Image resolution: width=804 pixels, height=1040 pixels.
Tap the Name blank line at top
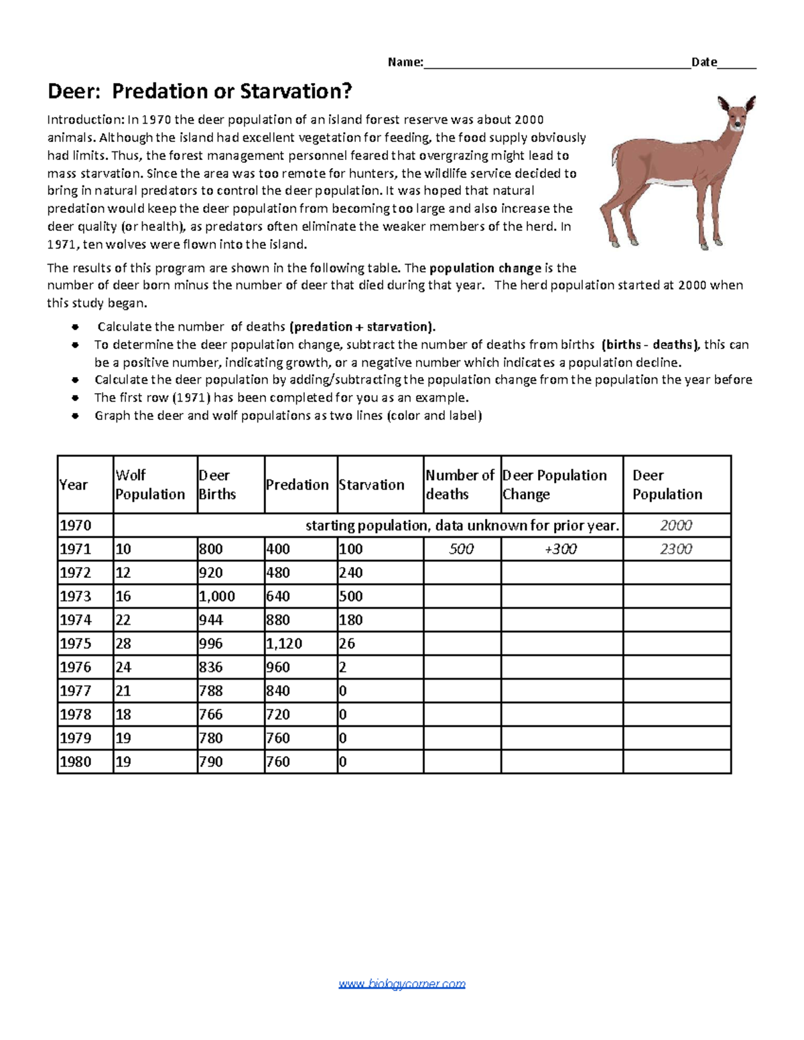pyautogui.click(x=556, y=63)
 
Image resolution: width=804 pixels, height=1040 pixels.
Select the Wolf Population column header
pyautogui.click(x=150, y=484)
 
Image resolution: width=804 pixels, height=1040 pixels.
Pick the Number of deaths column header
pyautogui.click(x=460, y=484)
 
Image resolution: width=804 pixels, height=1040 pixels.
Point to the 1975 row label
pyautogui.click(x=76, y=644)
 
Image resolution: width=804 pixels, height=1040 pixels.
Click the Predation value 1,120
pyautogui.click(x=284, y=644)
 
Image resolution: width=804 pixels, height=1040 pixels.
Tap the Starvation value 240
pyautogui.click(x=351, y=573)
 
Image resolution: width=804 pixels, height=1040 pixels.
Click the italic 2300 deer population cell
pyautogui.click(x=675, y=549)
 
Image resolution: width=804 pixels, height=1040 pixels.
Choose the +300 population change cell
pyautogui.click(x=561, y=549)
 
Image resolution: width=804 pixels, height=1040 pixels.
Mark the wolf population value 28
pyautogui.click(x=124, y=644)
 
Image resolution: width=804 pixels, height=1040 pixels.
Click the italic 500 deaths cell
pyautogui.click(x=462, y=549)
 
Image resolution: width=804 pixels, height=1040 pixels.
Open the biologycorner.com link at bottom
pyautogui.click(x=402, y=984)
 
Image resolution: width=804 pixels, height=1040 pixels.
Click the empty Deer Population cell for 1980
pyautogui.click(x=677, y=761)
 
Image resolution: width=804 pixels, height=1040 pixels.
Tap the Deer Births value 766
pyautogui.click(x=211, y=715)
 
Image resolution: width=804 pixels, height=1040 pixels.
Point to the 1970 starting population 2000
pyautogui.click(x=675, y=526)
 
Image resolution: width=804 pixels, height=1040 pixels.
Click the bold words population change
pyautogui.click(x=485, y=268)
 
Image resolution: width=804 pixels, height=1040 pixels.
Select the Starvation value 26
pyautogui.click(x=347, y=644)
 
